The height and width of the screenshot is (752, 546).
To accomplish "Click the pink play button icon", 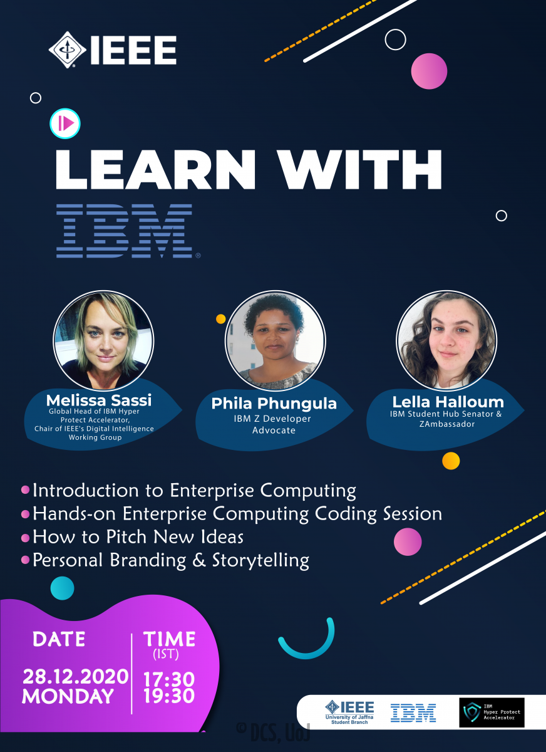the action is (65, 123).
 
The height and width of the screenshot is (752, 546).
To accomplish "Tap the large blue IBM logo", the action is (125, 231).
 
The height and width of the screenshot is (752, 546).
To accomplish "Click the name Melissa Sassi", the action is (99, 400).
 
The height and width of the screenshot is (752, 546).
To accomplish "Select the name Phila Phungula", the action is (274, 403).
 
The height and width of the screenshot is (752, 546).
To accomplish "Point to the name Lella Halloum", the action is (448, 402).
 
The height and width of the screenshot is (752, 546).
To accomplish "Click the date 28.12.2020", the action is (76, 676).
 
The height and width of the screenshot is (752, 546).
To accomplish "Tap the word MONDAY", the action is (68, 696).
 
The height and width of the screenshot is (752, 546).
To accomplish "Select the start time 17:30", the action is (169, 679).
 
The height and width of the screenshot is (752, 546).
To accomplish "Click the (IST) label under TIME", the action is (166, 654).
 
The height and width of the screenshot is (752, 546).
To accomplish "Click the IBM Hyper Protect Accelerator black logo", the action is (492, 713).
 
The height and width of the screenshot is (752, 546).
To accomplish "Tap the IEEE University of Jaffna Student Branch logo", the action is (349, 712).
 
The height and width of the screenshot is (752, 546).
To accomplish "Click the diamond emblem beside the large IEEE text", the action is (68, 50).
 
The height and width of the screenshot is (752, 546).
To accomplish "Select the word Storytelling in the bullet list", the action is (260, 561).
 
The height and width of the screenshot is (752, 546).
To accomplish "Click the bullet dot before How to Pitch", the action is (25, 538).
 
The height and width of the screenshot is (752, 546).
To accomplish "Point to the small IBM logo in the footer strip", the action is (413, 713).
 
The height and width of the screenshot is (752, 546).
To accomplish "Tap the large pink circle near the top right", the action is (429, 71).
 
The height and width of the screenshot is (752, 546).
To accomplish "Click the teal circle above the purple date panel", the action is (63, 588).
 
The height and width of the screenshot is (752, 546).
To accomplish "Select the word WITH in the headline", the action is (360, 170).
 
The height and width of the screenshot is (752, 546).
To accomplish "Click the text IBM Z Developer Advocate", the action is (273, 424).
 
